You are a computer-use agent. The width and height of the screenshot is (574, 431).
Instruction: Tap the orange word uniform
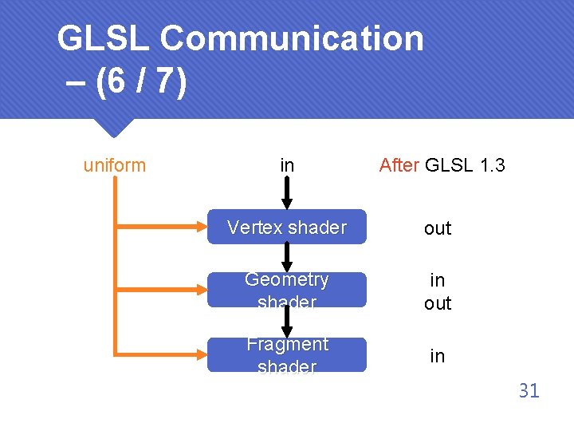click(x=115, y=165)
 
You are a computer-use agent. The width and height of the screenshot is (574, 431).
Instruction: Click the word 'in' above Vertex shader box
click(x=287, y=165)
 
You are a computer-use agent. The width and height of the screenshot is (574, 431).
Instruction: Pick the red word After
click(x=399, y=165)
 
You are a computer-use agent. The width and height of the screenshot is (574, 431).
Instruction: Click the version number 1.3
click(x=487, y=165)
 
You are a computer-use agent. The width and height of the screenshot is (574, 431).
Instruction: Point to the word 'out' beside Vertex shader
click(x=438, y=228)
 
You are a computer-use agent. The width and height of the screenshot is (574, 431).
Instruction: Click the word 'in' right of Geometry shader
click(x=438, y=280)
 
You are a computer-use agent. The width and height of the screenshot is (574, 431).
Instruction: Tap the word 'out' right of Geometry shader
click(x=438, y=303)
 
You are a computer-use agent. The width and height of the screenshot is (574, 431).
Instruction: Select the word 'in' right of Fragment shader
click(x=438, y=356)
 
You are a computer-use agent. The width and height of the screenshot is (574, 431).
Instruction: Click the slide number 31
click(x=529, y=390)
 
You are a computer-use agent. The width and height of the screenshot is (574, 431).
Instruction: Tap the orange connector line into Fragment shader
click(x=159, y=352)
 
